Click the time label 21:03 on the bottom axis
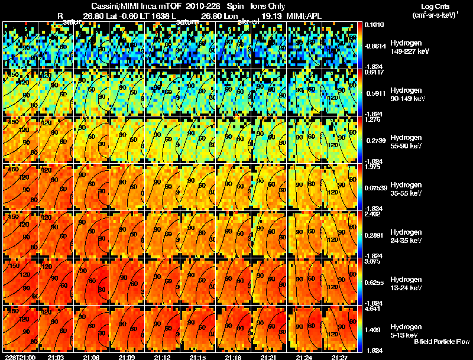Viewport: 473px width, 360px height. pos(56,357)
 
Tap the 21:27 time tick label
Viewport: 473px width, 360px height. pos(339,357)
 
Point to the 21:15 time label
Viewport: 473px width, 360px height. pos(197,357)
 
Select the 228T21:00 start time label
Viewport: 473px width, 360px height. pos(20,357)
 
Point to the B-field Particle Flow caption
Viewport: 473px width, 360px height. pos(441,342)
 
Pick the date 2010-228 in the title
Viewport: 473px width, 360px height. pos(202,6)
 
